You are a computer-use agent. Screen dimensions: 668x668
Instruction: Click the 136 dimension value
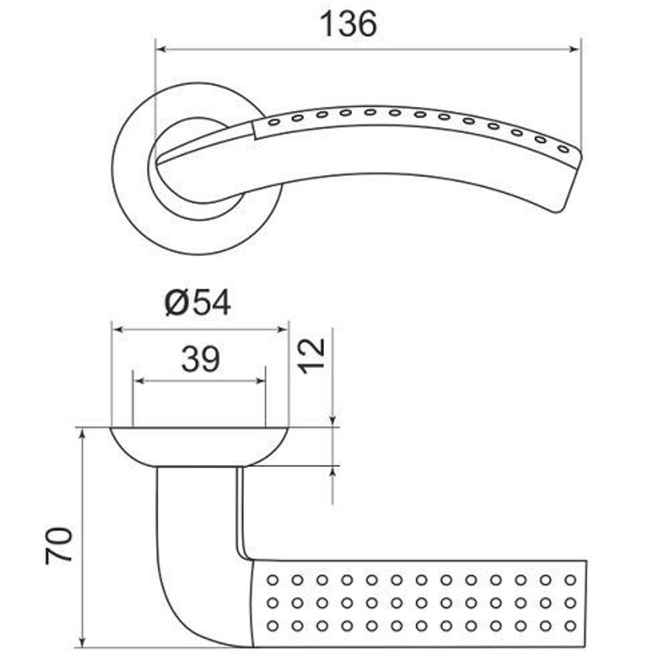(x=348, y=25)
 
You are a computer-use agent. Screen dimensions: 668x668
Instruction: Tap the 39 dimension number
(x=200, y=360)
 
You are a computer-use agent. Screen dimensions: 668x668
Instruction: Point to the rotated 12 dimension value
(x=311, y=355)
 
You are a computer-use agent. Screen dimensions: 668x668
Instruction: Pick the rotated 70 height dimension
(x=59, y=545)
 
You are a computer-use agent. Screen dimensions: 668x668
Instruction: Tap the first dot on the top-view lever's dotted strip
(x=273, y=123)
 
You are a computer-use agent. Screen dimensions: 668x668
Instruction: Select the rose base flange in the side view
(x=199, y=444)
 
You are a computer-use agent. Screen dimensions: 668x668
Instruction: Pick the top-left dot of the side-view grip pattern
(x=273, y=579)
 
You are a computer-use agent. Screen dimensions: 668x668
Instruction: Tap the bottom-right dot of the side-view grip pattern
(x=570, y=626)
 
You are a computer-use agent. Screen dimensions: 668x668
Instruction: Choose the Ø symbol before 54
(x=176, y=304)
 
